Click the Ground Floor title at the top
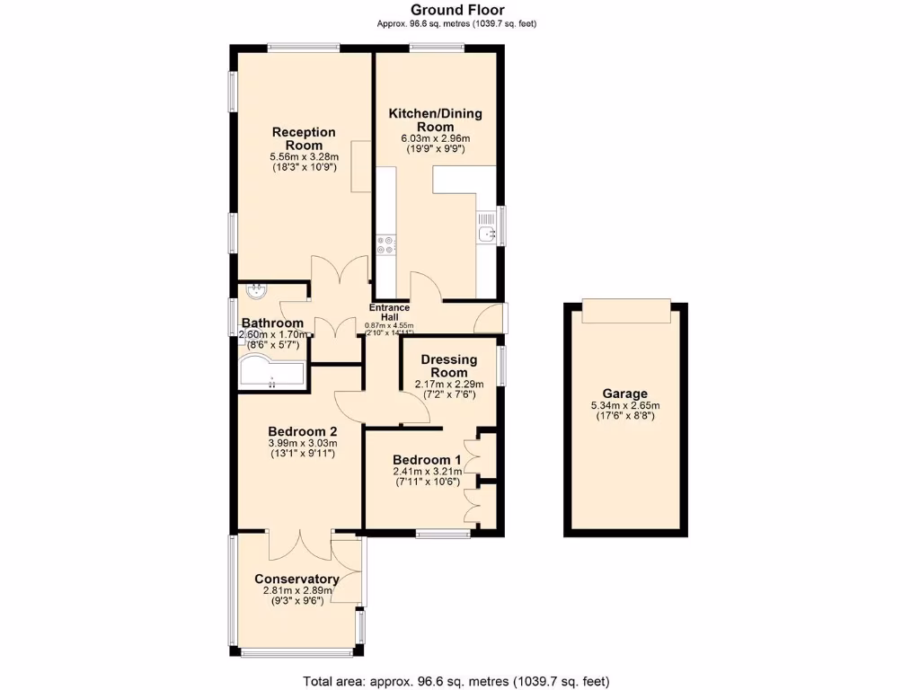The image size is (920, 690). point(459,11)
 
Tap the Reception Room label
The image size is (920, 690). point(304,138)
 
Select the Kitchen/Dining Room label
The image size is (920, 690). point(435,120)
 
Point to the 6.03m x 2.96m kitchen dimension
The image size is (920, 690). point(435,139)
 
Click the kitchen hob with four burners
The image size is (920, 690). point(386,245)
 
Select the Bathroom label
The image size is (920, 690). point(272,323)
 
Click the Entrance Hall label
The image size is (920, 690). point(389,313)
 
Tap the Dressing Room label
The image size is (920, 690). point(448,366)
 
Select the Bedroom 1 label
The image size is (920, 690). point(427,460)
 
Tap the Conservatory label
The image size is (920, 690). point(296,579)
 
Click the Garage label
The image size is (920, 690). point(625,394)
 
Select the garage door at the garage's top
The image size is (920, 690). point(625,312)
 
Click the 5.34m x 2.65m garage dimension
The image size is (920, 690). point(625,406)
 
